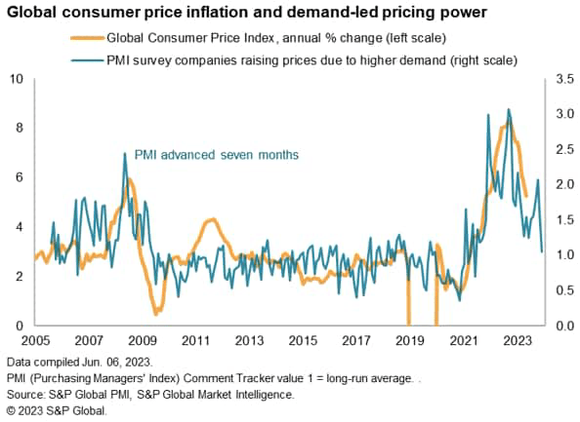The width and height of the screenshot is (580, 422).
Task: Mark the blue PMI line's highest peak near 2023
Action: point(509,110)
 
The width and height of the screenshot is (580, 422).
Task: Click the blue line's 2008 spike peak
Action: point(124,153)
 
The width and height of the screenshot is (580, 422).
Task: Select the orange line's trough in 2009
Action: point(155,314)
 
